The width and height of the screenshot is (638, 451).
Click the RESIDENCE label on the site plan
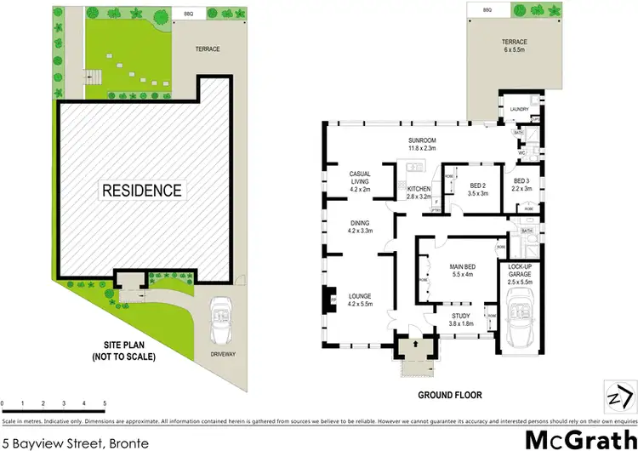(x=143, y=190)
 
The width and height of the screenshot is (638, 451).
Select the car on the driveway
(x=222, y=319)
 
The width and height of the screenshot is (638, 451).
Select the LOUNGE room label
(x=359, y=295)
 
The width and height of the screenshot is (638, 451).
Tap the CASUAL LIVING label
(x=359, y=177)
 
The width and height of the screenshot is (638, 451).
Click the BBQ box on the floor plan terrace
(x=487, y=9)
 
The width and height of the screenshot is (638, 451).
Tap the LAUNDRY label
(x=519, y=109)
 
